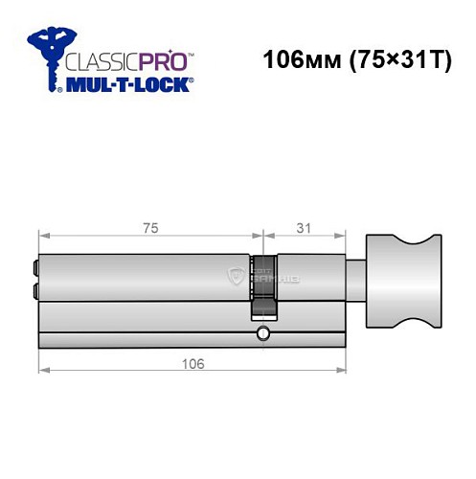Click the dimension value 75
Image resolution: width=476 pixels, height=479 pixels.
[148, 228]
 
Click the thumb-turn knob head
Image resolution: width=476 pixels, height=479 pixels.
[398, 274]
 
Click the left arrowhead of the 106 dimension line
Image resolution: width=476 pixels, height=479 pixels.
[41, 374]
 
